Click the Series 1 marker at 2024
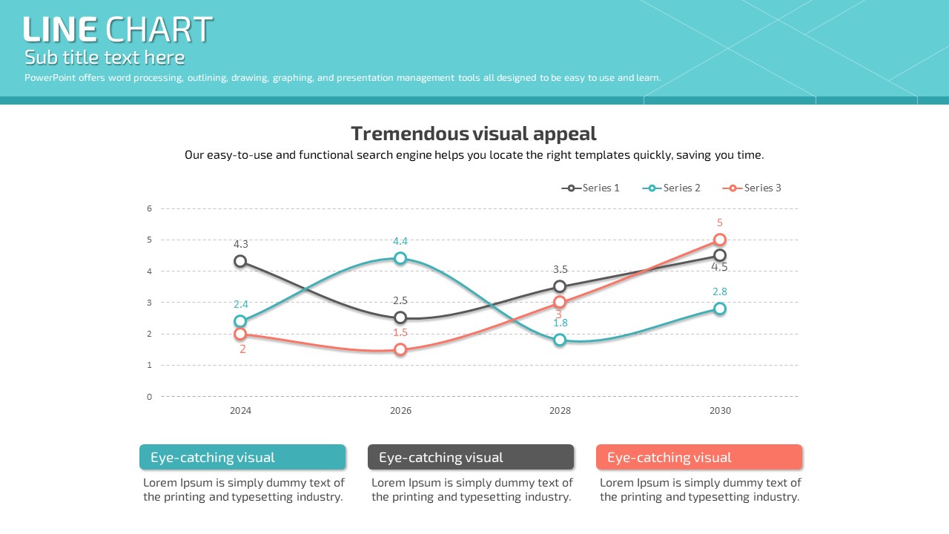point(240,261)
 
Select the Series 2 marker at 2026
point(400,258)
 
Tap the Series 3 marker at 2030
point(720,240)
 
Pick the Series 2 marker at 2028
point(560,340)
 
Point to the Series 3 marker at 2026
point(400,349)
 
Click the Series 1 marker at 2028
point(560,287)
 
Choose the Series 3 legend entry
point(752,188)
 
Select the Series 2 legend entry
point(671,188)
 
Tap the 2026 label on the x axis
point(400,411)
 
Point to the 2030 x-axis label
point(720,411)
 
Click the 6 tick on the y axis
point(149,208)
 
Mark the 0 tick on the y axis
point(149,397)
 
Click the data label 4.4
point(400,241)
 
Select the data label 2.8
point(720,292)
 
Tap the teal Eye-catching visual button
point(242,458)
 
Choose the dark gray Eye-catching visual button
point(471,458)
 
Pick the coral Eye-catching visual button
point(699,458)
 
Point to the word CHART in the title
point(159,30)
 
